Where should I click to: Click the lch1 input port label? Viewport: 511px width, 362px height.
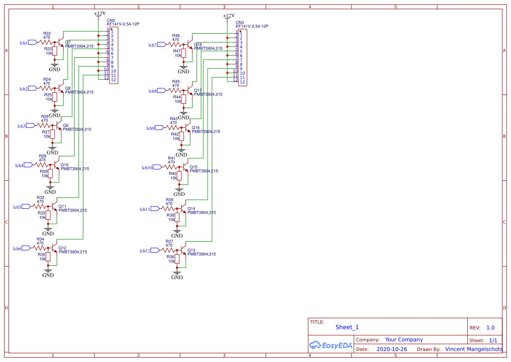pyautogui.click(x=24, y=42)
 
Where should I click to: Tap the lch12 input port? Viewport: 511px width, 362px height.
pyautogui.click(x=145, y=250)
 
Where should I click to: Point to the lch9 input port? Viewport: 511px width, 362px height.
pyautogui.click(x=151, y=128)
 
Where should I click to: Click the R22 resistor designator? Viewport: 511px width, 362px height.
pyautogui.click(x=47, y=33)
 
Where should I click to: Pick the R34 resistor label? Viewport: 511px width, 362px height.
pyautogui.click(x=40, y=239)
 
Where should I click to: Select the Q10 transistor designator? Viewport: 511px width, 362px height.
pyautogui.click(x=65, y=165)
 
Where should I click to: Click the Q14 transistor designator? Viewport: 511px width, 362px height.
pyautogui.click(x=191, y=208)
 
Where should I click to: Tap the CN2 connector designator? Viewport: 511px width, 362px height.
pyautogui.click(x=111, y=20)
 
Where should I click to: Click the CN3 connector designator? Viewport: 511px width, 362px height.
pyautogui.click(x=240, y=22)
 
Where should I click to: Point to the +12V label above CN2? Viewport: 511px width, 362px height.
pyautogui.click(x=100, y=14)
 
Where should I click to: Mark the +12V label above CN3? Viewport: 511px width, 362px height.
pyautogui.click(x=229, y=16)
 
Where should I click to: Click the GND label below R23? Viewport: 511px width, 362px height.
pyautogui.click(x=55, y=69)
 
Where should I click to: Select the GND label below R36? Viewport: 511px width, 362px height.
pyautogui.click(x=177, y=277)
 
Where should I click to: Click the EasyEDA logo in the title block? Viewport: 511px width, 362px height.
pyautogui.click(x=331, y=345)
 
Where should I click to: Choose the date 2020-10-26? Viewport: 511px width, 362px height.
pyautogui.click(x=392, y=349)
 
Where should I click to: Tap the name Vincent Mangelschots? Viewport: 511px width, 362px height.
pyautogui.click(x=474, y=349)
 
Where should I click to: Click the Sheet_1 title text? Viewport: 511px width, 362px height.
pyautogui.click(x=347, y=327)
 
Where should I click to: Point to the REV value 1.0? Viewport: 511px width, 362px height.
pyautogui.click(x=490, y=327)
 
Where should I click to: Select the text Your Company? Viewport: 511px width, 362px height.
pyautogui.click(x=404, y=339)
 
